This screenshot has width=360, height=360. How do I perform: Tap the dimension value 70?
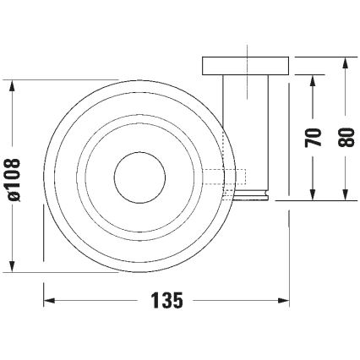pos(314,138)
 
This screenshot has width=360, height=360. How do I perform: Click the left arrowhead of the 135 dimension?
pos(48,300)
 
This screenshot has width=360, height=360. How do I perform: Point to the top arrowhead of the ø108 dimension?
pos(12,87)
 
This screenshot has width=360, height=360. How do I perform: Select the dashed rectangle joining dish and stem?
pos(223,177)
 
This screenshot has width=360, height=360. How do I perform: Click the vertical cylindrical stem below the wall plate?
pos(246,131)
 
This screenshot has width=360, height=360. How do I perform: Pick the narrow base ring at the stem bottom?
pos(253,197)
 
